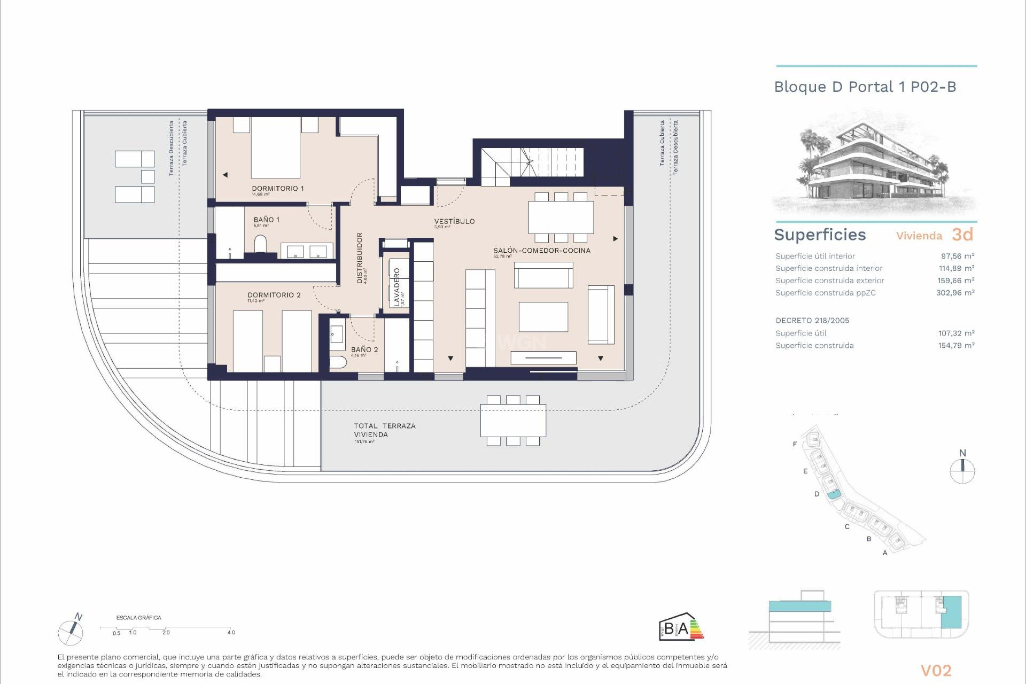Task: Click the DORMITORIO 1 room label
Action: pyautogui.click(x=277, y=189)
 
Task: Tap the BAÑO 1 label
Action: pyautogui.click(x=266, y=220)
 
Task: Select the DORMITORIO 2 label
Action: pyautogui.click(x=274, y=295)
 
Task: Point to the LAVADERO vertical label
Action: pyautogui.click(x=397, y=287)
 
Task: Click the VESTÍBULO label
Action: pyautogui.click(x=454, y=221)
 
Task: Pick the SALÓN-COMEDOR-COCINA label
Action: pyautogui.click(x=541, y=251)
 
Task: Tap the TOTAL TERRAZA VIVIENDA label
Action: pyautogui.click(x=384, y=430)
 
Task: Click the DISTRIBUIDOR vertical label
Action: pyautogui.click(x=360, y=258)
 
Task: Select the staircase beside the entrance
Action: pyautogui.click(x=532, y=162)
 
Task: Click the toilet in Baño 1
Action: pyautogui.click(x=261, y=245)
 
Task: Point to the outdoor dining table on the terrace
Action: pyautogui.click(x=513, y=421)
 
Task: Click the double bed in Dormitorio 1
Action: pyautogui.click(x=275, y=147)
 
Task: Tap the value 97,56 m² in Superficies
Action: pyautogui.click(x=957, y=256)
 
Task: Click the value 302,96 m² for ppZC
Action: pyautogui.click(x=955, y=293)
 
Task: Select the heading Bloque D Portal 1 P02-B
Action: pyautogui.click(x=865, y=87)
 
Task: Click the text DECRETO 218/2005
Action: pyautogui.click(x=812, y=321)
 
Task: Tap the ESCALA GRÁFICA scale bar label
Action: pyautogui.click(x=138, y=618)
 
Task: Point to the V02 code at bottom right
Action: pyautogui.click(x=936, y=671)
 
